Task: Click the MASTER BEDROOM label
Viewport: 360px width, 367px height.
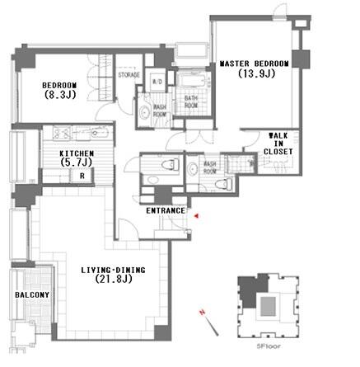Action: pos(254,63)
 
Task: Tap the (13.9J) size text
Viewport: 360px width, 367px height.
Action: pos(256,73)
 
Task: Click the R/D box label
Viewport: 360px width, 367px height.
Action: pos(158,80)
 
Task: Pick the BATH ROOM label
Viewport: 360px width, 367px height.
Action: pos(190,101)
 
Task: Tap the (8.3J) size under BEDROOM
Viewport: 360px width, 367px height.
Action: pos(61,95)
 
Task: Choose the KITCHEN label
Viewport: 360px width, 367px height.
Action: pos(76,153)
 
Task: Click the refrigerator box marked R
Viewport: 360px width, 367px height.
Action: pos(82,176)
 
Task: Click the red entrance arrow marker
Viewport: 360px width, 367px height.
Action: pos(198,215)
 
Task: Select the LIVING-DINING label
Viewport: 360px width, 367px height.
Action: pos(115,271)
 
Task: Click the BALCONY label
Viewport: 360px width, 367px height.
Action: pos(32,294)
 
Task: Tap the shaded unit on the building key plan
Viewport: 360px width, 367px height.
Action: pos(247,290)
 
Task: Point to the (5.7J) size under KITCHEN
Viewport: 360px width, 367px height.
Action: pos(77,163)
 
